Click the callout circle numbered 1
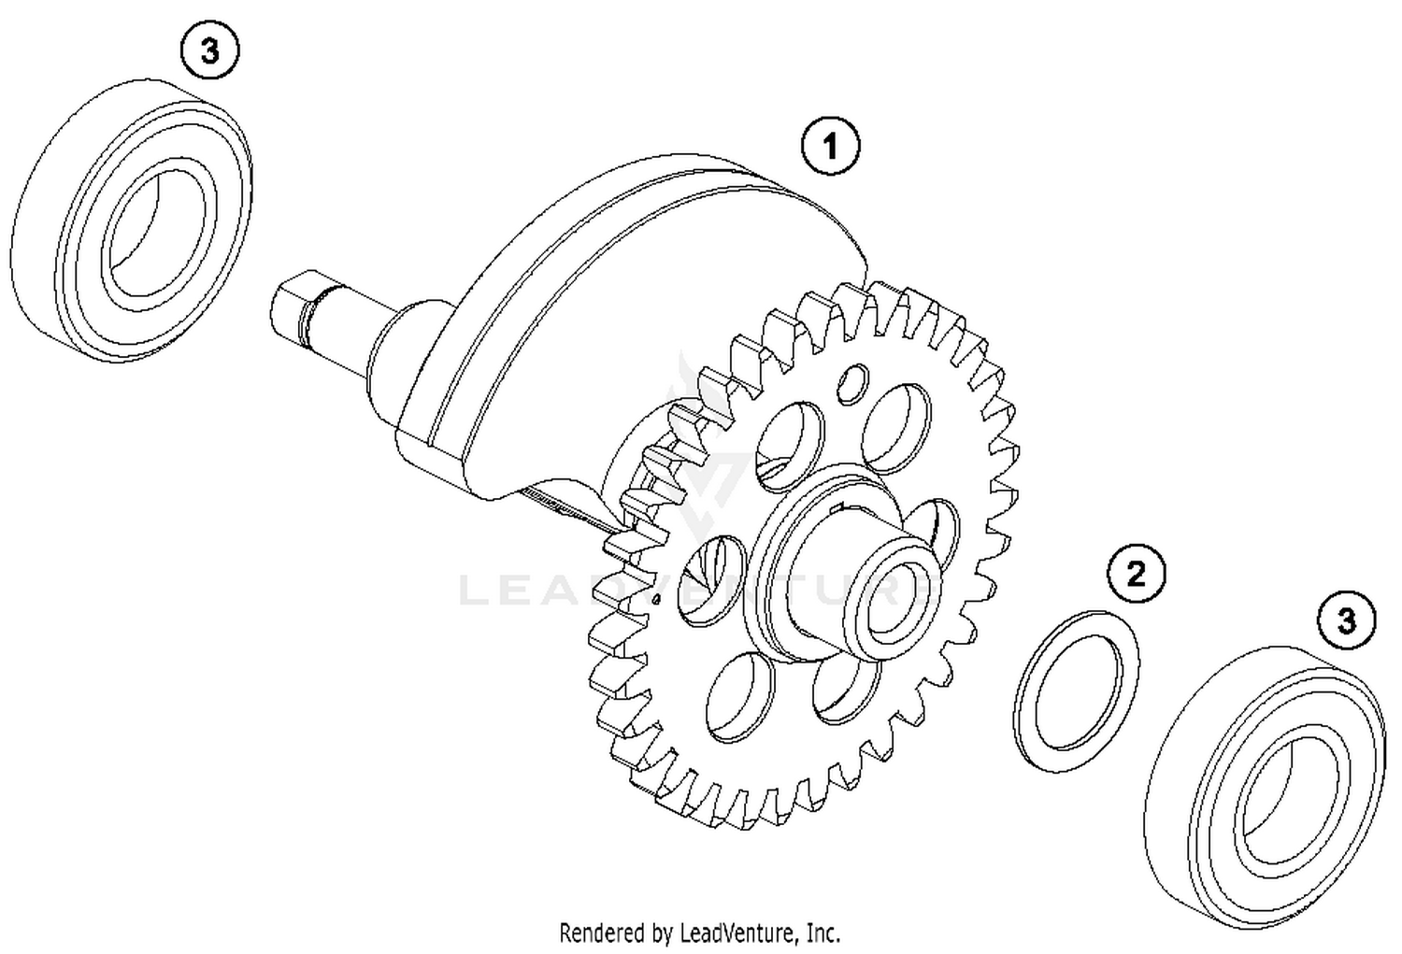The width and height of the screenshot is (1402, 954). [x=830, y=146]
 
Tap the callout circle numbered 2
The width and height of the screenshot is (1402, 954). [x=1136, y=573]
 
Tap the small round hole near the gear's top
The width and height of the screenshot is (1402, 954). [x=851, y=383]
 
